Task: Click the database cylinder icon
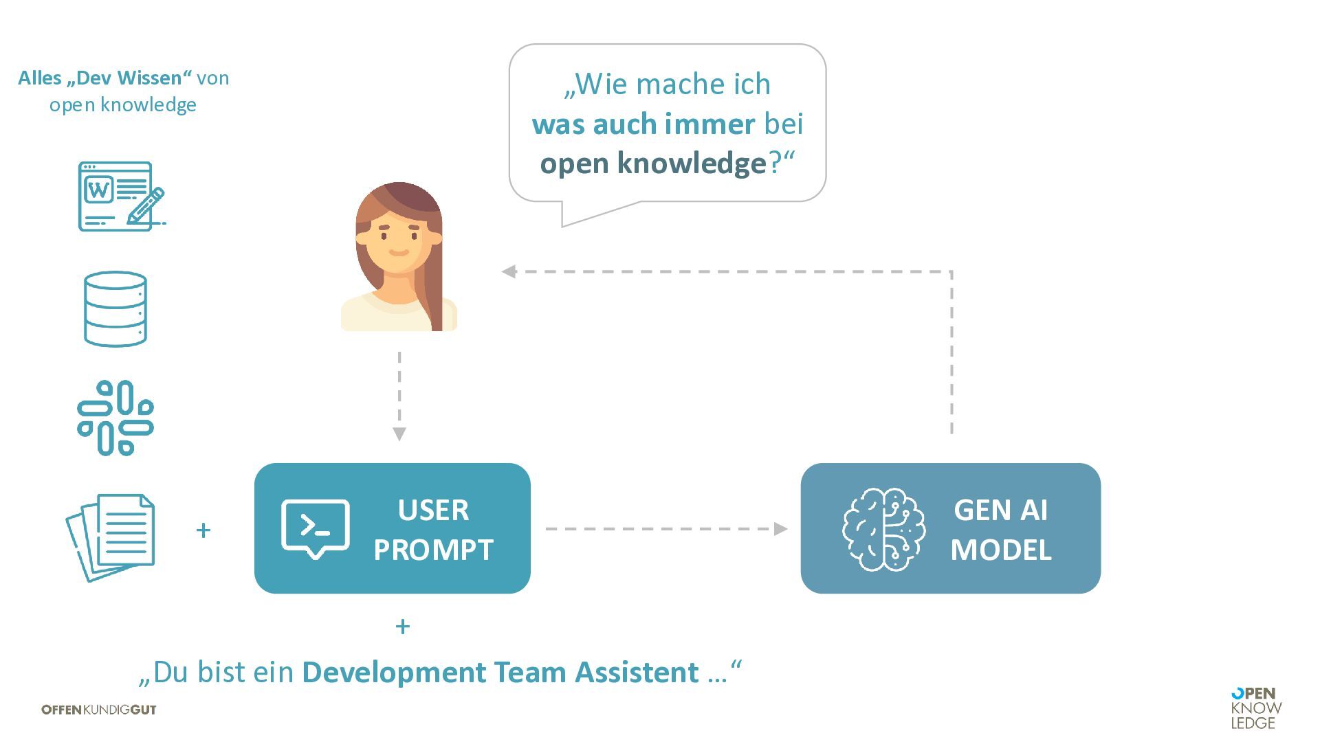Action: [115, 309]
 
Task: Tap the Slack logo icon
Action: [115, 418]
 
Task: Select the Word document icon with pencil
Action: [121, 196]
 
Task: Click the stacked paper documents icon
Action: [111, 536]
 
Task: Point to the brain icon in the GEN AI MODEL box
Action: [884, 529]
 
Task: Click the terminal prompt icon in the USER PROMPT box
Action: [316, 528]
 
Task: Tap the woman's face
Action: [398, 240]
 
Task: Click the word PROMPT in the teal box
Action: [433, 550]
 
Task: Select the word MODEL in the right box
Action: [1000, 550]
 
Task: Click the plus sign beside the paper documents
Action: [203, 530]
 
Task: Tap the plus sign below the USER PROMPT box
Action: [403, 627]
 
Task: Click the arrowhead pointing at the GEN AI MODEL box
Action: [781, 529]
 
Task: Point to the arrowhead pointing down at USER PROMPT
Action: [399, 434]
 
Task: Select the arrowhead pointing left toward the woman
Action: [509, 272]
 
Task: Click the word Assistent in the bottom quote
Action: [637, 672]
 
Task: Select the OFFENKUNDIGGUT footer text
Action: [99, 710]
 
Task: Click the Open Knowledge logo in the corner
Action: [1256, 708]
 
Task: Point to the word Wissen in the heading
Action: [157, 78]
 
